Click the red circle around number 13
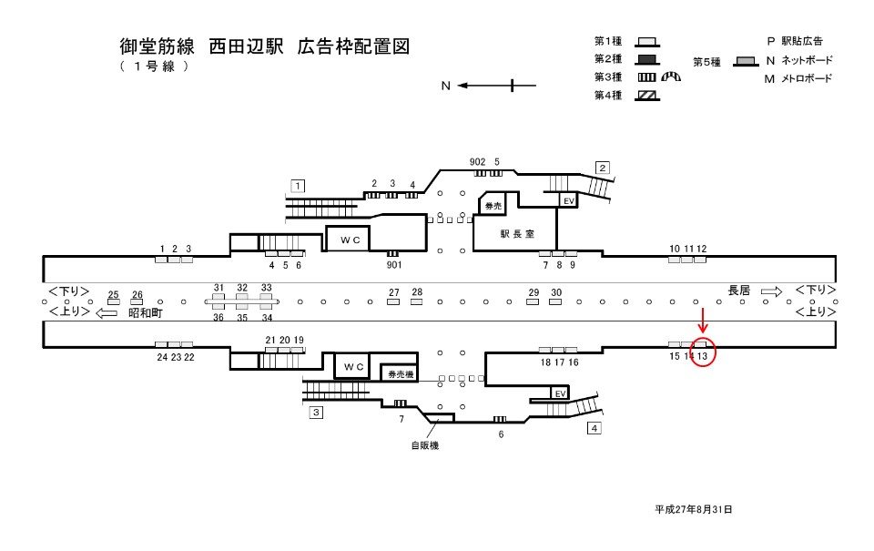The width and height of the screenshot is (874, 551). [704, 352]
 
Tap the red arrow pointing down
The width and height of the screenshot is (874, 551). [702, 321]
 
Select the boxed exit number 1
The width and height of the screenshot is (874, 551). [297, 186]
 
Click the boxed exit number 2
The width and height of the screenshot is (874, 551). [602, 167]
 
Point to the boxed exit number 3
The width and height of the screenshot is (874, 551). [316, 413]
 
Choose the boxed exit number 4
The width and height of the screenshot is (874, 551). [595, 428]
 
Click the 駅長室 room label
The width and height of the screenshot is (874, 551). [516, 234]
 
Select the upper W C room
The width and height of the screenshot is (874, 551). [347, 239]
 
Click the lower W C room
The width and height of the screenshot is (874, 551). [354, 367]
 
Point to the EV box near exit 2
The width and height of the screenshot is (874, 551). [567, 200]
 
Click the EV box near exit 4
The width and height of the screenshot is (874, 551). [561, 393]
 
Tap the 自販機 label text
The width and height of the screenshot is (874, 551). [424, 446]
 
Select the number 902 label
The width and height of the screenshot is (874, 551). [477, 162]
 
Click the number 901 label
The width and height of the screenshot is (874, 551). [393, 265]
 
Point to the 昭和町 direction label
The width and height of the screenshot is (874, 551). [145, 312]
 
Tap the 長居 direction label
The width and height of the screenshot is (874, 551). [738, 291]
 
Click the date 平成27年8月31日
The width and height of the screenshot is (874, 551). [693, 509]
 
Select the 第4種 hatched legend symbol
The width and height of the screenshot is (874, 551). [647, 96]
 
